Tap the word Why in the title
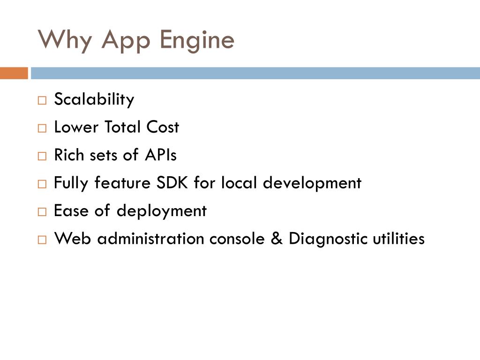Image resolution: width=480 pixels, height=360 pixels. [65, 40]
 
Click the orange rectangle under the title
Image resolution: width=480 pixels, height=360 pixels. [14, 73]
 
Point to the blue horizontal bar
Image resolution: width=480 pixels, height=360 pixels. [255, 73]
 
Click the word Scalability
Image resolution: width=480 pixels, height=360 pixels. [94, 99]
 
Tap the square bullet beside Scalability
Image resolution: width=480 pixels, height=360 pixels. [42, 100]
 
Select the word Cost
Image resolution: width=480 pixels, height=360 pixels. [163, 127]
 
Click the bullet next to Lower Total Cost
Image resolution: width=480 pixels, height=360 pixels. [42, 128]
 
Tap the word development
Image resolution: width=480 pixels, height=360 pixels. [312, 183]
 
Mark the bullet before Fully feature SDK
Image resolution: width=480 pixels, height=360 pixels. [42, 184]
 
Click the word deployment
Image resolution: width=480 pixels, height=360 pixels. [161, 211]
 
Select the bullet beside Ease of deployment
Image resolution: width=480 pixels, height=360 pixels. [42, 212]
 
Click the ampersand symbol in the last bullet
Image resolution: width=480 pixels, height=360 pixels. [274, 239]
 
